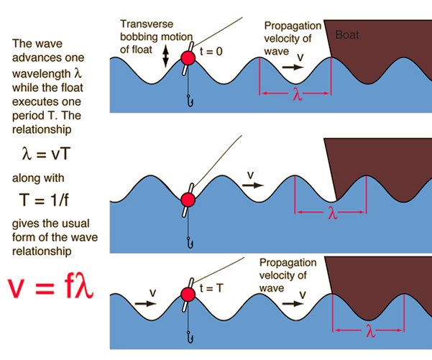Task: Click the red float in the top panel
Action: pyautogui.click(x=188, y=57)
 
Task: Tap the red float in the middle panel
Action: pyautogui.click(x=188, y=199)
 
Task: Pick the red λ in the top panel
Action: pyautogui.click(x=298, y=94)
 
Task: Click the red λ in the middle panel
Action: pyautogui.click(x=332, y=213)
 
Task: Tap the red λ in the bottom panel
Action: pyautogui.click(x=369, y=332)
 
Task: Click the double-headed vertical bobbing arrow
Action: pyautogui.click(x=167, y=57)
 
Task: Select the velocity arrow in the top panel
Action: pyautogui.click(x=293, y=65)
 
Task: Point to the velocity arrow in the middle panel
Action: pyautogui.click(x=252, y=184)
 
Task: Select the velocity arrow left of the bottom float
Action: pyautogui.click(x=144, y=303)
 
